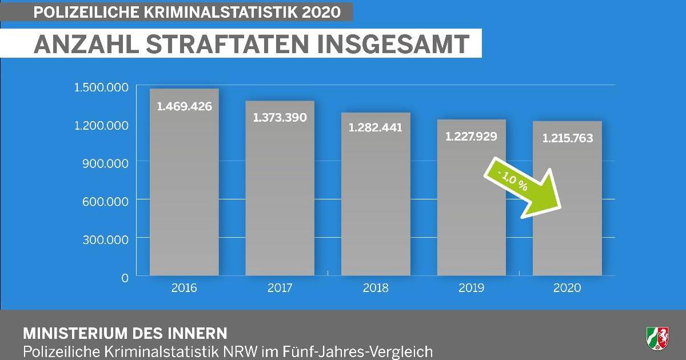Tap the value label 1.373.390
coord(280,117)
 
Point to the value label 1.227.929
coord(471,136)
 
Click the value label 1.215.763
coord(567,138)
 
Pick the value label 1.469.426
coord(184,106)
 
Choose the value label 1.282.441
coord(376,127)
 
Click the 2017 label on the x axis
coord(280,288)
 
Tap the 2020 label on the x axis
coord(567,288)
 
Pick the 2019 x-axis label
coord(471,288)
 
